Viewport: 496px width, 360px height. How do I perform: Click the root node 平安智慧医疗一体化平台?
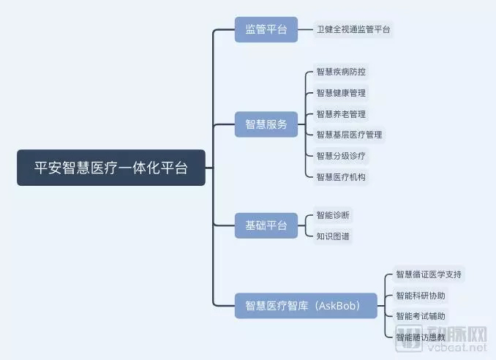pyautogui.click(x=111, y=168)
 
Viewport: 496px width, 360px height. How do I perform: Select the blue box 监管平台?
pyautogui.click(x=266, y=30)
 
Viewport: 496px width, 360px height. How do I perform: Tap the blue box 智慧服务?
pyautogui.click(x=266, y=124)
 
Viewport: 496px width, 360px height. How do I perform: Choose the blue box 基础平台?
pyautogui.click(x=266, y=225)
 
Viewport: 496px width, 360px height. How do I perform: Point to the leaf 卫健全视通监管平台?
pyautogui.click(x=353, y=30)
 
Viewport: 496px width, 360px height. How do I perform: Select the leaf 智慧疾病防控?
pyautogui.click(x=341, y=72)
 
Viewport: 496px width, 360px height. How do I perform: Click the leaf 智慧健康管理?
pyautogui.click(x=341, y=93)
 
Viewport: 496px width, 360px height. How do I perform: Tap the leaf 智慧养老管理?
pyautogui.click(x=341, y=114)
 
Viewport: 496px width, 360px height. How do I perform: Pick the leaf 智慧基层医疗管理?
pyautogui.click(x=349, y=135)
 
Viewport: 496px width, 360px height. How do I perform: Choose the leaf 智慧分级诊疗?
pyautogui.click(x=341, y=156)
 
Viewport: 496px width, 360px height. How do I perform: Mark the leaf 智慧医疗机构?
pyautogui.click(x=341, y=177)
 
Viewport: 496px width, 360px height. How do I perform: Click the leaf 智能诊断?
pyautogui.click(x=333, y=215)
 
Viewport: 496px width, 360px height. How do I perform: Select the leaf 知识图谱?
pyautogui.click(x=333, y=236)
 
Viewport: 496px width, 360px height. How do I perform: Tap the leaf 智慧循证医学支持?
pyautogui.click(x=429, y=274)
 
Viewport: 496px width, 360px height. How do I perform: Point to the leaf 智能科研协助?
pyautogui.click(x=421, y=296)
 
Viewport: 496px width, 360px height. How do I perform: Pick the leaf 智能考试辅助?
pyautogui.click(x=421, y=316)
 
